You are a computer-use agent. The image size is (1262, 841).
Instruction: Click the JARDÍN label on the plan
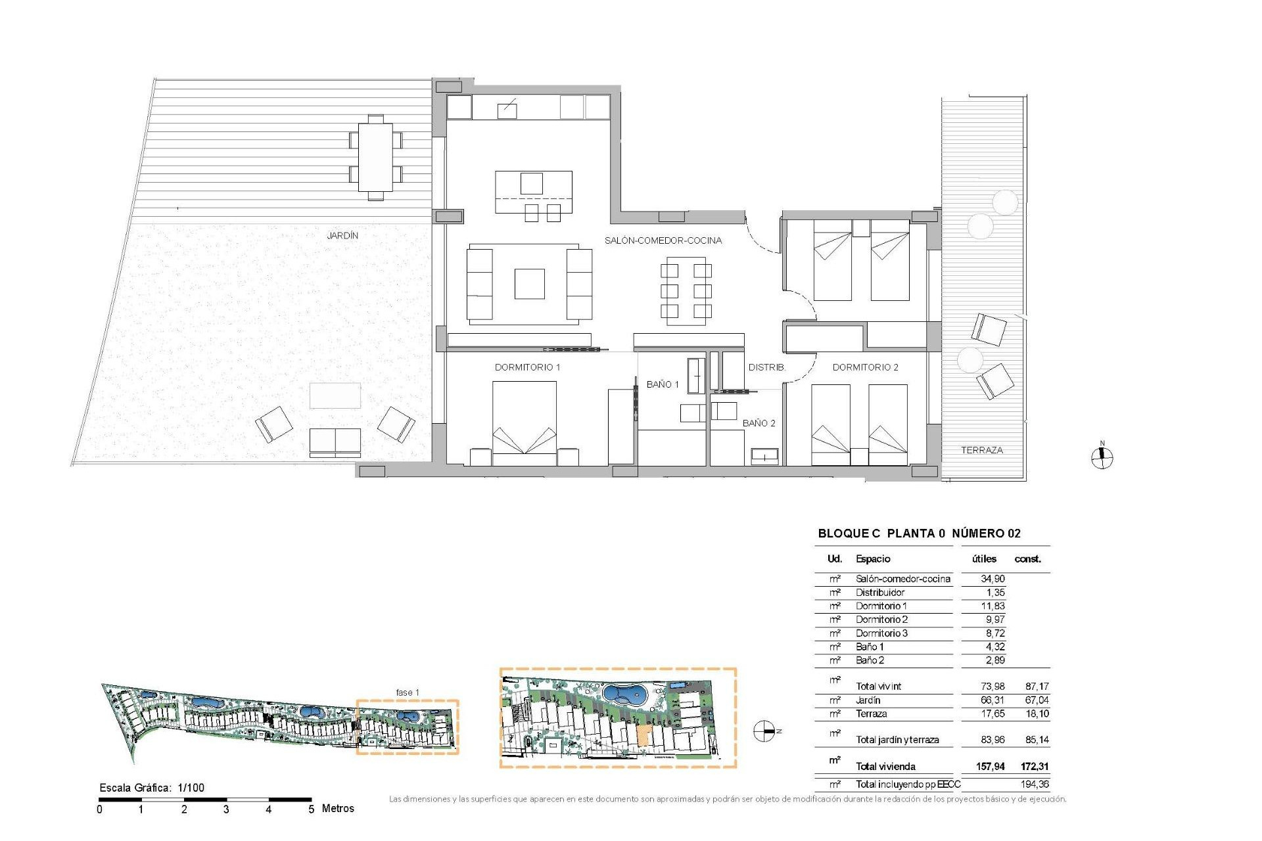(x=342, y=235)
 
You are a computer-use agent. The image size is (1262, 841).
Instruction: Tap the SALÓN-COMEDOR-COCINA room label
(x=663, y=240)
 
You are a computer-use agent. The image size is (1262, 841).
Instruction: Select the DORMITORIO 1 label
(x=527, y=367)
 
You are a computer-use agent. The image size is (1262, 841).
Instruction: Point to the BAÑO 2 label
(x=759, y=423)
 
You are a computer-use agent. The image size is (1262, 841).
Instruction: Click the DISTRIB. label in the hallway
(x=766, y=367)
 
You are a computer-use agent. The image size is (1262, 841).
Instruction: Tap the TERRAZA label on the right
(x=981, y=450)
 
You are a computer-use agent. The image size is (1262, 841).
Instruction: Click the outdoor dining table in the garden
(x=375, y=157)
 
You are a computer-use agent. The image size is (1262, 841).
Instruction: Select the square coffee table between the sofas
(x=529, y=284)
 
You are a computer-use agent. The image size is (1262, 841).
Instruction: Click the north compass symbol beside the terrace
(x=1102, y=457)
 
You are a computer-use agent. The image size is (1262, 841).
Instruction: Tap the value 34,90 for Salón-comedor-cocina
(x=992, y=579)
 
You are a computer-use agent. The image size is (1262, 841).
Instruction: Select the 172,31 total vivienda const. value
(x=1035, y=766)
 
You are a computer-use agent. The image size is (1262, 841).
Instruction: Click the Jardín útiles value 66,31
(x=992, y=700)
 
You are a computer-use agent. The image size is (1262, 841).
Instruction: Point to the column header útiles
(x=984, y=559)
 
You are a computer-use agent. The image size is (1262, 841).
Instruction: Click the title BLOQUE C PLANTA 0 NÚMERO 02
(x=919, y=534)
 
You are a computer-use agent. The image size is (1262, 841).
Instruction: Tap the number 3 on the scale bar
(x=226, y=809)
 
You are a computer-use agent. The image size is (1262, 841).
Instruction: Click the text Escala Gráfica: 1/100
(x=152, y=788)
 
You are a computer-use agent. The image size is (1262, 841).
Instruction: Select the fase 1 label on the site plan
(x=407, y=693)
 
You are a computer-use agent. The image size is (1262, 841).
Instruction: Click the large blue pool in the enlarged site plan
(x=624, y=694)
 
